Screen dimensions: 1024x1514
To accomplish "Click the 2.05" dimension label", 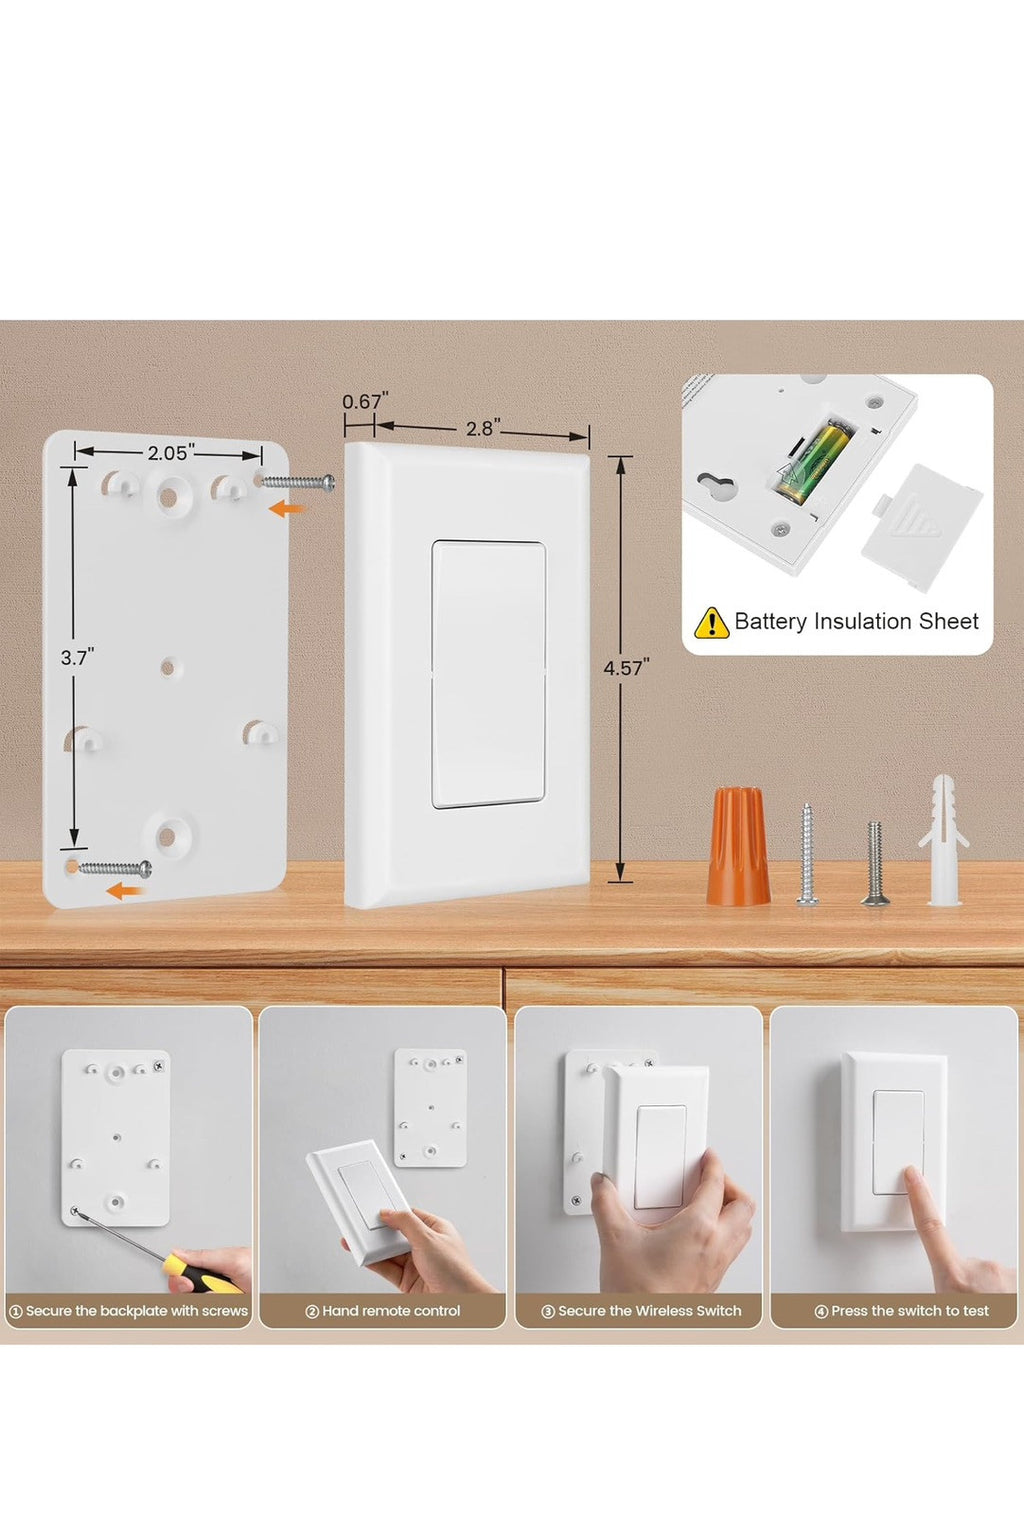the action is [x=171, y=452].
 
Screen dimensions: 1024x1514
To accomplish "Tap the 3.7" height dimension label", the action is [x=77, y=657].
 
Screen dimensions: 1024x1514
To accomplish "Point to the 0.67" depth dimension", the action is [x=365, y=401].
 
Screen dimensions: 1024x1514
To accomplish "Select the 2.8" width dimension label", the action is [x=483, y=429].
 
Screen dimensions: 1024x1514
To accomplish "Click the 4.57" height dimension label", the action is [x=626, y=668].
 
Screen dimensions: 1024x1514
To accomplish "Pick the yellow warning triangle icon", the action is [x=711, y=622].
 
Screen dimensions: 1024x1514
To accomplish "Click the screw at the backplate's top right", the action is [x=297, y=482].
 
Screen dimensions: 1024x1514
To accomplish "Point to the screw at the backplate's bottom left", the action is [x=114, y=868].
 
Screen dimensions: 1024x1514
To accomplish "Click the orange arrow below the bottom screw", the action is [x=126, y=891].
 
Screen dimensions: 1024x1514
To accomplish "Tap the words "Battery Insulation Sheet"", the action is [x=856, y=621].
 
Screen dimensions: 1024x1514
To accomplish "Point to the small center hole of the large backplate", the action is [x=168, y=668].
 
